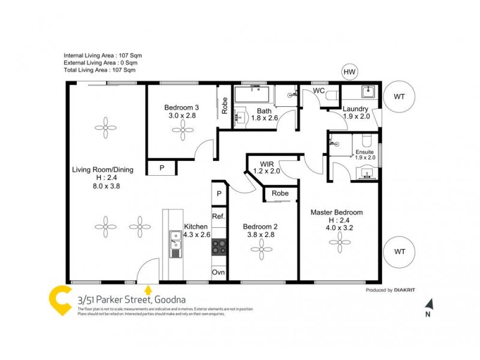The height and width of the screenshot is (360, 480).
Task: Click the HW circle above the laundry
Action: pyautogui.click(x=350, y=72)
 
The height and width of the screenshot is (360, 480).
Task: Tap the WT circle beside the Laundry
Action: pyautogui.click(x=398, y=96)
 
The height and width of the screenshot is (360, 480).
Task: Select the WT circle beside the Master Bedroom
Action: pyautogui.click(x=398, y=251)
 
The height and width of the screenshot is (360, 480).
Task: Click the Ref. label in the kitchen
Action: pyautogui.click(x=218, y=216)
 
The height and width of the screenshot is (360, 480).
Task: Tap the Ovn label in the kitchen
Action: pyautogui.click(x=218, y=272)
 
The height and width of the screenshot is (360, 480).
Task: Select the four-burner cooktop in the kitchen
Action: pyautogui.click(x=220, y=247)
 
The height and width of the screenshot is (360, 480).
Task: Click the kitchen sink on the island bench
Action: pyautogui.click(x=176, y=244)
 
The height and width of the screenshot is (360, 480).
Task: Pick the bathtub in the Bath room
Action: pyautogui.click(x=253, y=94)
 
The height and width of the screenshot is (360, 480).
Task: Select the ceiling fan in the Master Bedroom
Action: pyautogui.click(x=340, y=242)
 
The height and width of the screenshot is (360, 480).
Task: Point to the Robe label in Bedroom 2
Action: pyautogui.click(x=280, y=194)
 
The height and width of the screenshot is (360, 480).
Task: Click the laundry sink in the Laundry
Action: pyautogui.click(x=368, y=92)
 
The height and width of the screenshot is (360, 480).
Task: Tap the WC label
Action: pyautogui.click(x=319, y=91)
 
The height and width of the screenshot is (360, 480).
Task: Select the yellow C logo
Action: pyautogui.click(x=61, y=300)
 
